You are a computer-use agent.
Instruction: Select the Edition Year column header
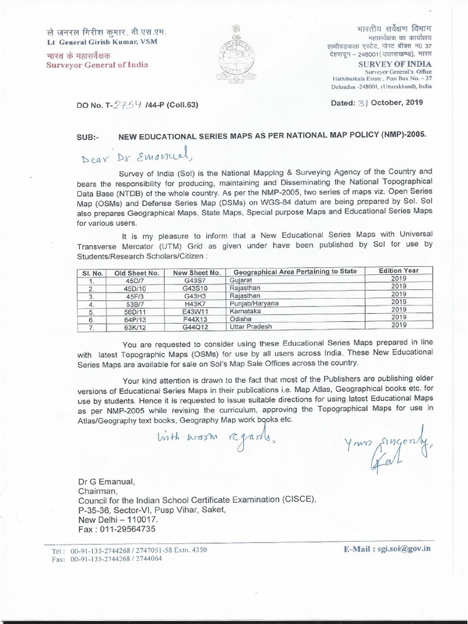[398, 270]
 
